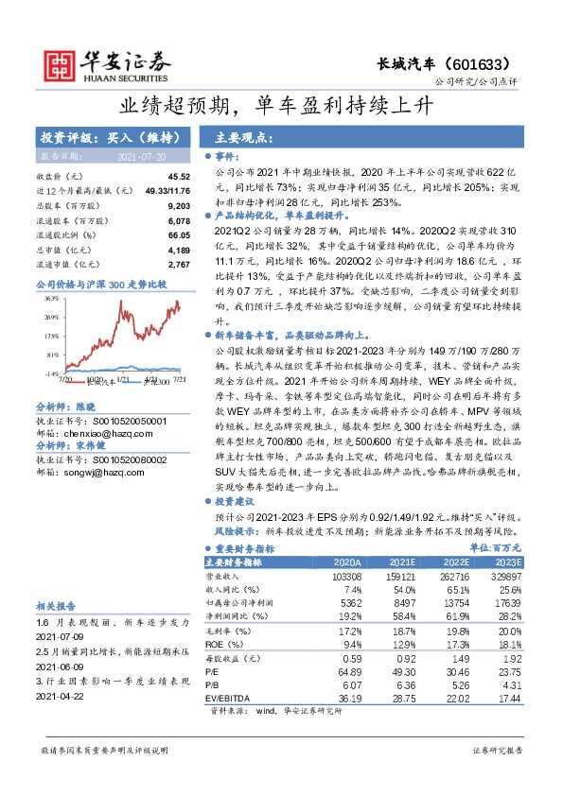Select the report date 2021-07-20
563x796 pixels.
click(x=141, y=156)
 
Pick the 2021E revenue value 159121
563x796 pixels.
click(x=400, y=576)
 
